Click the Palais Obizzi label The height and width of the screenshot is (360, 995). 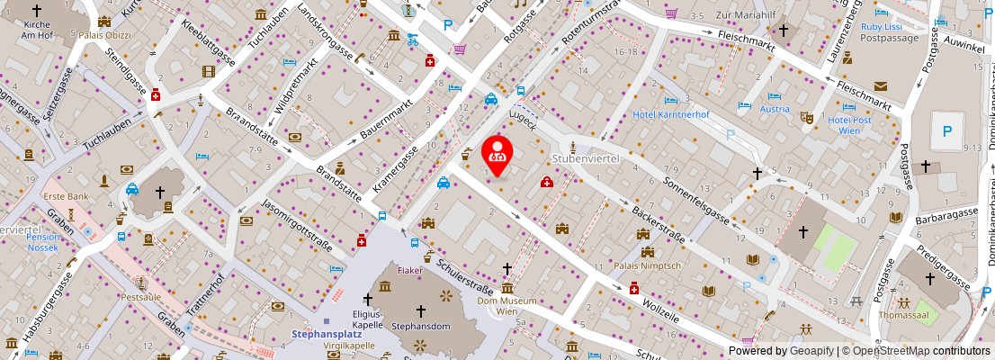click(x=105, y=36)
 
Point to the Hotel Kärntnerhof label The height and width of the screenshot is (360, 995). click(x=671, y=114)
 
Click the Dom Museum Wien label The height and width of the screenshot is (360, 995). click(x=506, y=305)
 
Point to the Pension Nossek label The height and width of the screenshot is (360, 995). click(x=43, y=242)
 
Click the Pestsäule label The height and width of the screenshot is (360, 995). click(x=141, y=296)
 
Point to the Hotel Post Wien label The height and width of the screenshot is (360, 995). click(x=850, y=125)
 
